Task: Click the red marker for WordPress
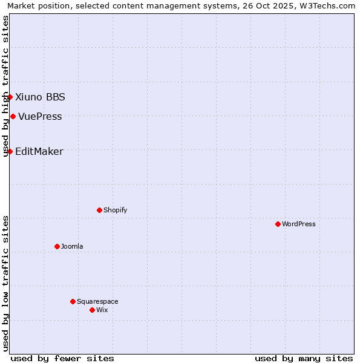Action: tap(278, 224)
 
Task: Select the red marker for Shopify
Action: tap(99, 210)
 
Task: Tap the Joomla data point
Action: tap(57, 246)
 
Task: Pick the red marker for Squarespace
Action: tap(73, 301)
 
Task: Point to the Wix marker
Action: tap(92, 310)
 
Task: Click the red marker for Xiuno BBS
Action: tap(10, 97)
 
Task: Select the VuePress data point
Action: tap(13, 116)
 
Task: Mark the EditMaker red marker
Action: tap(10, 151)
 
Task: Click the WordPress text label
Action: tap(299, 224)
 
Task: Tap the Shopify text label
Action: tap(115, 211)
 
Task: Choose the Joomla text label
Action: tap(72, 247)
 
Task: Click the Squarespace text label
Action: tap(97, 302)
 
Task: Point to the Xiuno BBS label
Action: tap(40, 97)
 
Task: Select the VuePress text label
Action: tap(40, 117)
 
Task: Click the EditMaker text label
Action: tap(39, 152)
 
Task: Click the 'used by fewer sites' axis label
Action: tap(62, 359)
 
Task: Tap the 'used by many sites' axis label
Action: tap(304, 359)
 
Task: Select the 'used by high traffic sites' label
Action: tap(5, 86)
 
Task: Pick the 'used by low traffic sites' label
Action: tap(5, 283)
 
